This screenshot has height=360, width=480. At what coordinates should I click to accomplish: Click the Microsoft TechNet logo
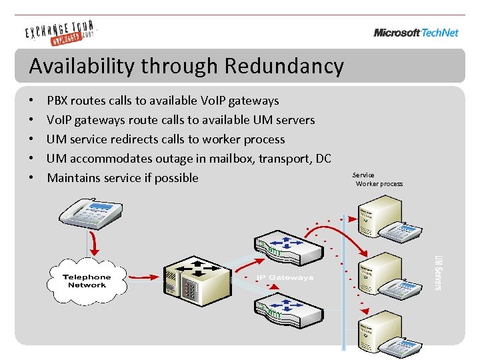[416, 33]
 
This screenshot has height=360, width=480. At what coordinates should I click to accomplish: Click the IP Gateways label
[285, 277]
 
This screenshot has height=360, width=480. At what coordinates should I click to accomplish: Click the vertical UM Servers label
[438, 272]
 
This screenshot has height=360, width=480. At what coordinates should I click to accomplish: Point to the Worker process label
[379, 184]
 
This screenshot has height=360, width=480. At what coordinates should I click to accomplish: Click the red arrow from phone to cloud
[95, 243]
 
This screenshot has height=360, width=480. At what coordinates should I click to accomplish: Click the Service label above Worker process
[363, 175]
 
